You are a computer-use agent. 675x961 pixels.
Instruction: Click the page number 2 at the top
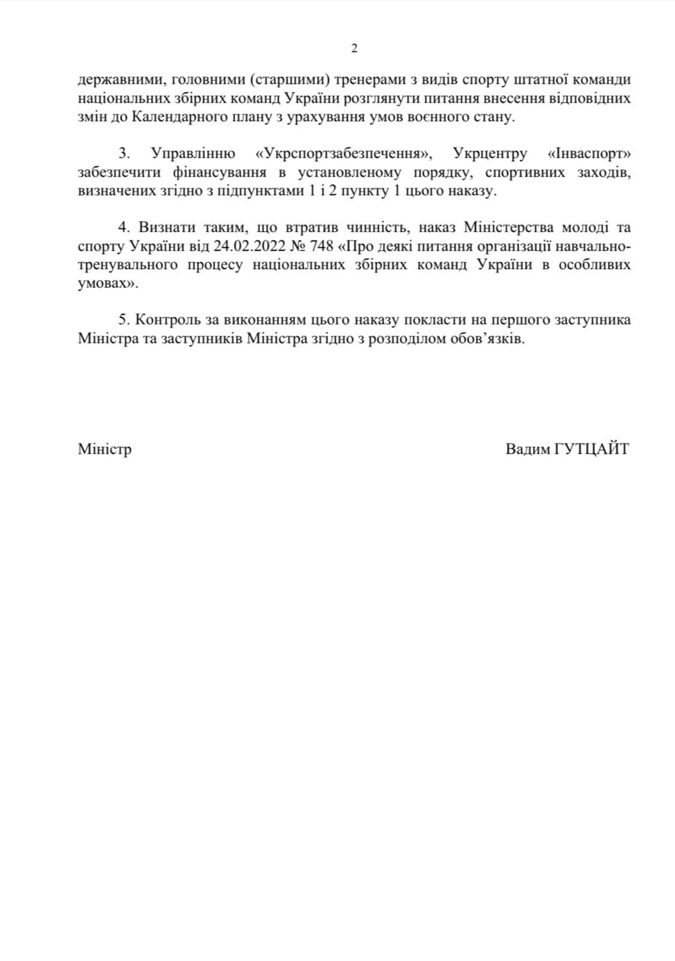tap(354, 49)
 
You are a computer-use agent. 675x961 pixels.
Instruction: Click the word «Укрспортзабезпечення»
tap(343, 154)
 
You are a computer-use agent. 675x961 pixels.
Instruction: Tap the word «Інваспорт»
tap(589, 154)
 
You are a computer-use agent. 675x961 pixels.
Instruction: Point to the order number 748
tap(321, 246)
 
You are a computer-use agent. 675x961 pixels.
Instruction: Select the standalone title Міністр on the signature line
tap(105, 449)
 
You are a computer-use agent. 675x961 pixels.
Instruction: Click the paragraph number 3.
tap(123, 154)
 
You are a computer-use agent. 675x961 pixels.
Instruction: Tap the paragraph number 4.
tap(124, 228)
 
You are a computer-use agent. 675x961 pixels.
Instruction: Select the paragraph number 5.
tap(123, 320)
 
